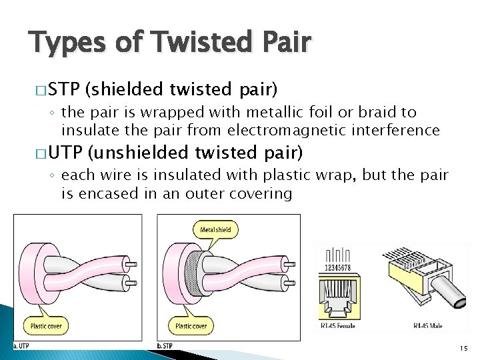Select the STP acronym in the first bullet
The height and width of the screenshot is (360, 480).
pos(65,89)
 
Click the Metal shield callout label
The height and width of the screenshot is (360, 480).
pos(215,230)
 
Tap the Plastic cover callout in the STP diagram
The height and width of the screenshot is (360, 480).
pos(191,326)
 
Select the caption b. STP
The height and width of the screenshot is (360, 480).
pos(165,345)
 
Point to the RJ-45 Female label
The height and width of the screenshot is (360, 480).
pos(337,326)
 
